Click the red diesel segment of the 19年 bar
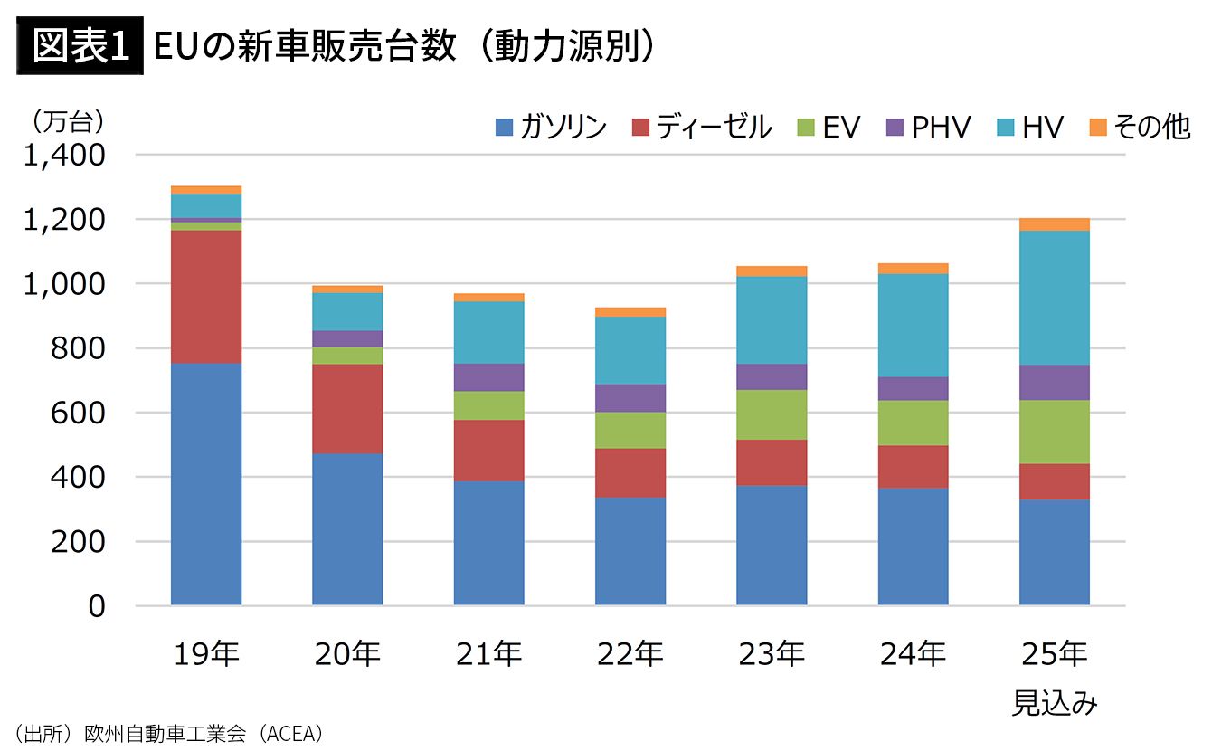point(206,297)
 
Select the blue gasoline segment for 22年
point(630,551)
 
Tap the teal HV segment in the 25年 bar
point(1055,298)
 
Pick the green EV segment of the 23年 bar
point(772,414)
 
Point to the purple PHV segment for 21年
point(488,377)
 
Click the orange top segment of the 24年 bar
point(914,269)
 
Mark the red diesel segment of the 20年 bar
point(347,409)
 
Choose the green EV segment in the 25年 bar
point(1055,433)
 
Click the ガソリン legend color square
point(504,128)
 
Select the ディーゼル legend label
point(714,128)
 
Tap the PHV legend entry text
point(941,128)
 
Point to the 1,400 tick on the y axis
point(64,156)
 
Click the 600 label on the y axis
point(78,414)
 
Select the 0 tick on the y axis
point(97,606)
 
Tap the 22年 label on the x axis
point(630,653)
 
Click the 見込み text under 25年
point(1055,703)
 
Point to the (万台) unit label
point(67,122)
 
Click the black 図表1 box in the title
point(80,45)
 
